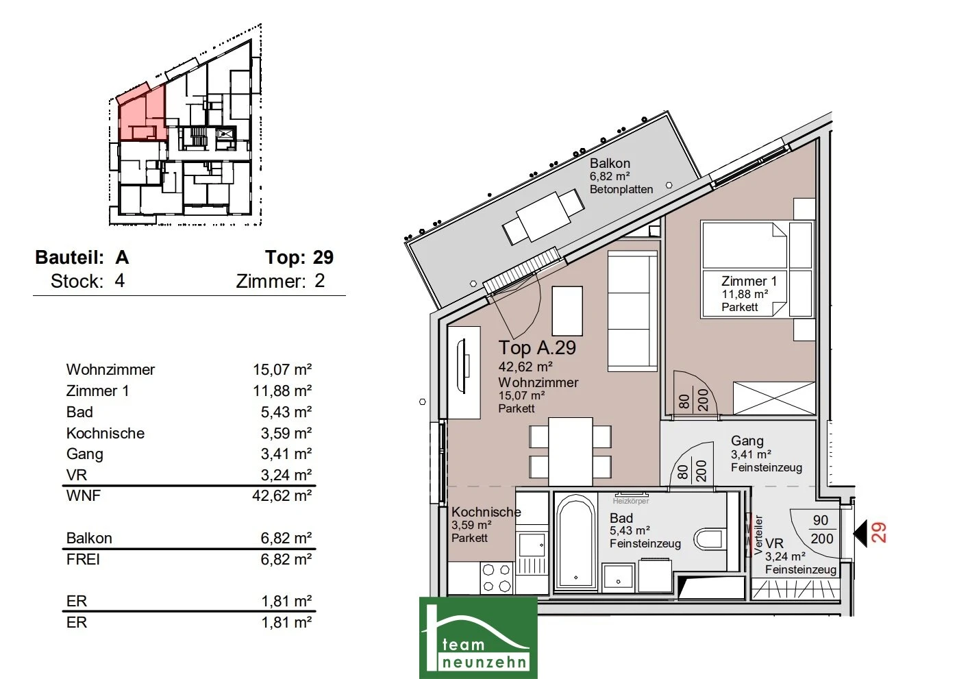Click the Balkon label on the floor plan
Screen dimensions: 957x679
point(610,163)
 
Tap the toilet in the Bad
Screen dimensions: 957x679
point(709,540)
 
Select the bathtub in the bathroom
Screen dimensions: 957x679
point(576,543)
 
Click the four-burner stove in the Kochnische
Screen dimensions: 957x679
point(497,578)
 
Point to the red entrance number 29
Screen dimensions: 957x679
point(878,533)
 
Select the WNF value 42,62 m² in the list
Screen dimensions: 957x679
point(282,495)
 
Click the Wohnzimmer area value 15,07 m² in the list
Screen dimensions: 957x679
point(282,369)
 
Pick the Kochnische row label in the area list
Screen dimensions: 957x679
point(105,433)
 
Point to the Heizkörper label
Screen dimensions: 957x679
point(631,501)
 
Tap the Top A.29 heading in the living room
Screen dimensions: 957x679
point(537,348)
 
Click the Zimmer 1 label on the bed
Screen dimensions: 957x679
point(749,281)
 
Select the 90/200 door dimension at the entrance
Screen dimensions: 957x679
point(821,530)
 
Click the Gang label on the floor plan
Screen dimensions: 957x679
point(747,441)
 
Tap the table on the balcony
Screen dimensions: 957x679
point(543,217)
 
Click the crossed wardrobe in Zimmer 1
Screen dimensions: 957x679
point(773,398)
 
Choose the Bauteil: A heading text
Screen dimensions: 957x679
point(82,257)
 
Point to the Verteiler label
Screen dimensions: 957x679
point(758,535)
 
